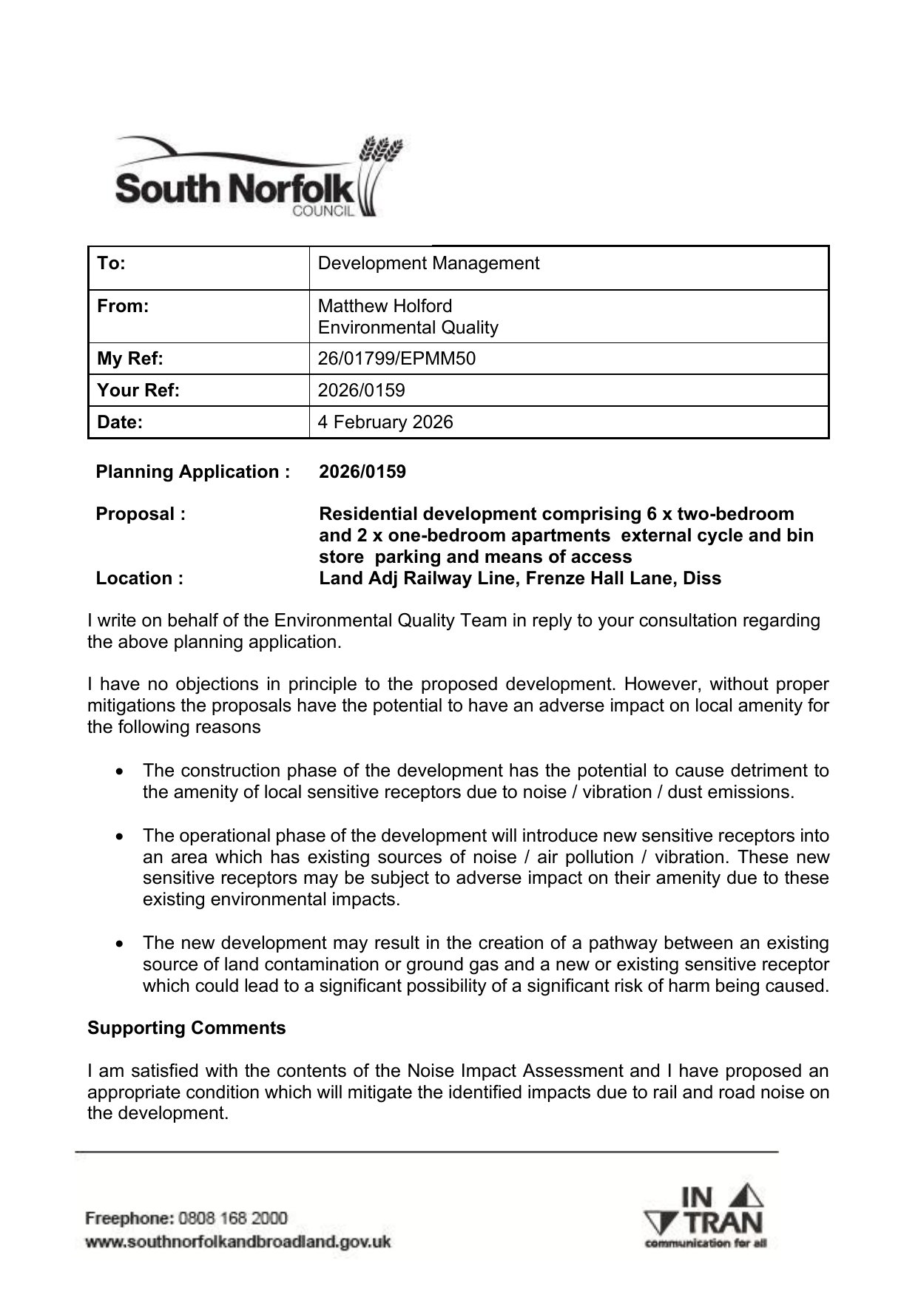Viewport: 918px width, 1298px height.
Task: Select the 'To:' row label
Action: (x=112, y=264)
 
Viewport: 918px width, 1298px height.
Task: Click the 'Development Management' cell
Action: (x=428, y=264)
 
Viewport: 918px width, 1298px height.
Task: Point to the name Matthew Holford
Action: (x=385, y=306)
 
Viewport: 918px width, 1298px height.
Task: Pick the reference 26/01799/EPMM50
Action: (x=396, y=359)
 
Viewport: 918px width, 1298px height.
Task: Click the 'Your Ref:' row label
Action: (x=138, y=391)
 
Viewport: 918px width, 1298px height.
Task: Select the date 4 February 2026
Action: (x=385, y=422)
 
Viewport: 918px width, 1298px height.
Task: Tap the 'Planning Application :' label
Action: (x=193, y=472)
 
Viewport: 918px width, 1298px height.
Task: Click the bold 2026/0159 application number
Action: (x=362, y=472)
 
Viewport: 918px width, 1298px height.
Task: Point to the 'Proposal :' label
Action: (x=141, y=514)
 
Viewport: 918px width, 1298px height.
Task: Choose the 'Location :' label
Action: (x=140, y=578)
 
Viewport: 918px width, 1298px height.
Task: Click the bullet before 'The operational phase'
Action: (x=120, y=836)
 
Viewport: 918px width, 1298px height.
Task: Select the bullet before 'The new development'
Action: (x=120, y=944)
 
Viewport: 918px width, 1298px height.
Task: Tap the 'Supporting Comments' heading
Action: (x=186, y=1029)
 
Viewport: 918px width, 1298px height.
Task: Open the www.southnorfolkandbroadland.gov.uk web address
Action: (x=238, y=1242)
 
